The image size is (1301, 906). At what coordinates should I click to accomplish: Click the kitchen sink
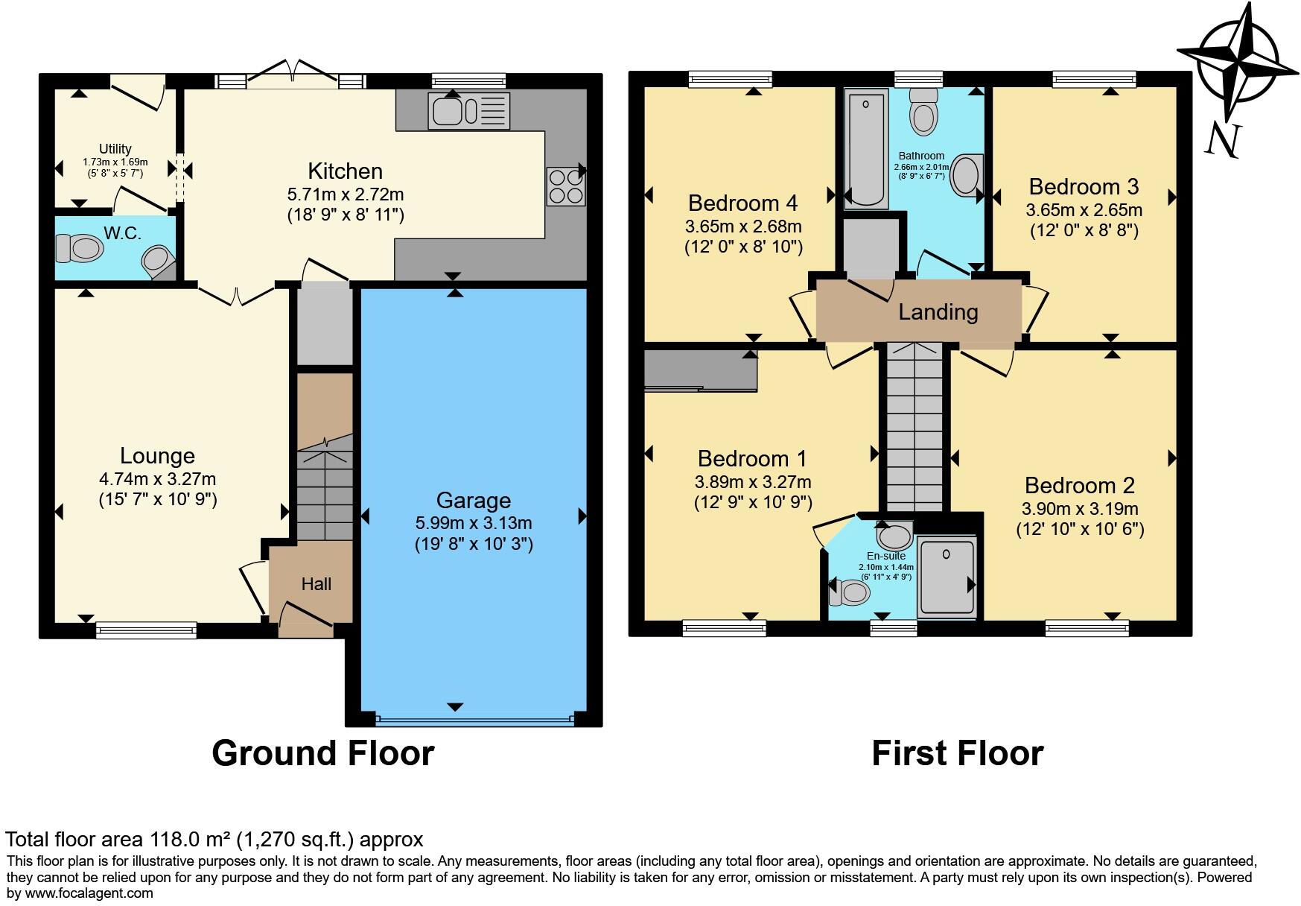click(x=469, y=111)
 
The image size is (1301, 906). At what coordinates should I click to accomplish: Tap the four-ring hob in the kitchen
click(x=566, y=186)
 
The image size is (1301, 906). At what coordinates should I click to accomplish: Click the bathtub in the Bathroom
click(x=866, y=148)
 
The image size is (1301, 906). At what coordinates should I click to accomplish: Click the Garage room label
click(x=474, y=500)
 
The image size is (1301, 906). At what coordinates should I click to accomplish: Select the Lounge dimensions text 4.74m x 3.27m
click(x=157, y=479)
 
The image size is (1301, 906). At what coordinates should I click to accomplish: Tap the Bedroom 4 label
click(x=742, y=203)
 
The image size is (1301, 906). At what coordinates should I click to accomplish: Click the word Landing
click(x=938, y=311)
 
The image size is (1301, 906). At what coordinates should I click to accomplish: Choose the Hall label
click(x=316, y=584)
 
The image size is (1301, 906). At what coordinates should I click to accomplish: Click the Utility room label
click(x=115, y=149)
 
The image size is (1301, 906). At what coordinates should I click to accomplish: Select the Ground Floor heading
click(x=323, y=753)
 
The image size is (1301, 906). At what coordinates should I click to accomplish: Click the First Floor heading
click(x=957, y=753)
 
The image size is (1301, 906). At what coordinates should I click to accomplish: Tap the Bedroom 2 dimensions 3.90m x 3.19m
click(x=1080, y=509)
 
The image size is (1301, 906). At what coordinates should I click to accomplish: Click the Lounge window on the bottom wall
click(x=146, y=630)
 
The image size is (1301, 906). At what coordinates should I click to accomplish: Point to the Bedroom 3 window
click(x=1094, y=78)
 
